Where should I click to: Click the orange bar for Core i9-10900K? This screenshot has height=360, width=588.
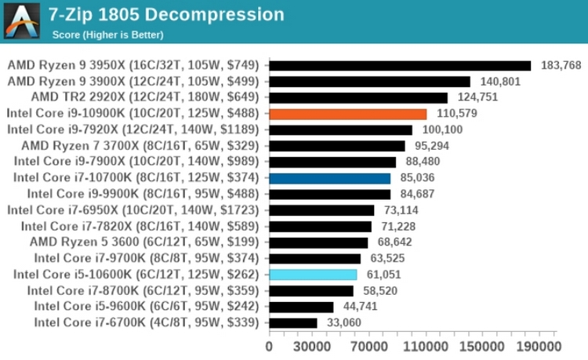(x=347, y=114)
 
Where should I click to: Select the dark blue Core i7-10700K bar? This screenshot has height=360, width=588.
(x=329, y=178)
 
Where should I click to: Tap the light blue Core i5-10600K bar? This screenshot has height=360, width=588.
(x=313, y=275)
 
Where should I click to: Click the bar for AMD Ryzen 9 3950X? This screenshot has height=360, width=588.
(x=400, y=65)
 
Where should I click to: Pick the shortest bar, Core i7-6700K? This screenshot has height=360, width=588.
(x=293, y=322)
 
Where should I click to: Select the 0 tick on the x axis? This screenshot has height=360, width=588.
(x=269, y=345)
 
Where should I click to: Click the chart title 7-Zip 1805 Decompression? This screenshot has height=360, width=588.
(x=166, y=14)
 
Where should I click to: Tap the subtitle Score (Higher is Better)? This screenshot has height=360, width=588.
(x=107, y=35)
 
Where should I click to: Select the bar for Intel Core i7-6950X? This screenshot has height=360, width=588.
(x=321, y=210)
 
